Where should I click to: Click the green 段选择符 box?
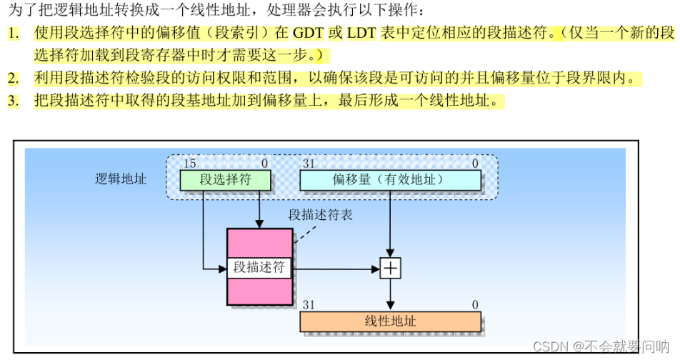tap(225, 179)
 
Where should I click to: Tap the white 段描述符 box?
tap(259, 269)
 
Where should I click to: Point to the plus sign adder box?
tap(390, 269)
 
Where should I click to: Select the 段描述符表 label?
tap(321, 214)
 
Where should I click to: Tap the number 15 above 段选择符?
tap(189, 164)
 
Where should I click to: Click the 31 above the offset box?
tap(309, 164)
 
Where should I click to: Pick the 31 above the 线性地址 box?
tap(309, 305)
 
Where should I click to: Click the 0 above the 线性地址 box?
tap(475, 305)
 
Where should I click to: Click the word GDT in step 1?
tap(308, 33)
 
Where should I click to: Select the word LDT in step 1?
tap(364, 33)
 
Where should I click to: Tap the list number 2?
tap(14, 78)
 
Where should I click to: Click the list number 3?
tap(14, 101)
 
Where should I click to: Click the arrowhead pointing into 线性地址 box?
tap(390, 306)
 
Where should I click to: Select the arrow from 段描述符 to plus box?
tap(336, 269)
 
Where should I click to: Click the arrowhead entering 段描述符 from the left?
tap(222, 269)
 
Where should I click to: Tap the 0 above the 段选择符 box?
tap(265, 164)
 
